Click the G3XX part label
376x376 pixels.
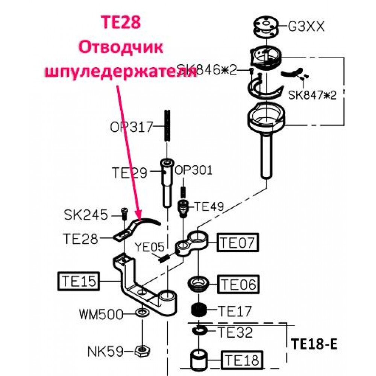pos(306,26)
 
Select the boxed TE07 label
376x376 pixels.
pos(237,242)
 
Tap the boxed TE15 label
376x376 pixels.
pos(79,281)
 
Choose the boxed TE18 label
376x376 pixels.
pos(242,360)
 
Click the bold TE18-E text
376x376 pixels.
pos(314,344)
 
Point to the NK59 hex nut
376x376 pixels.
pos(143,351)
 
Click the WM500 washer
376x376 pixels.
pos(142,313)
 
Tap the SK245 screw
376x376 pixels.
pos(124,214)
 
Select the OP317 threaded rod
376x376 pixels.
pos(167,126)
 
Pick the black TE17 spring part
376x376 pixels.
pos(199,310)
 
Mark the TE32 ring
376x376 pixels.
pos(200,331)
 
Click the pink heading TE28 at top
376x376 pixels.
pos(121,22)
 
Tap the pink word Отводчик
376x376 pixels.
pos(121,47)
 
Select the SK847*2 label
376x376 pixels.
pos(312,95)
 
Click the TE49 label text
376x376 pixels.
pos(209,206)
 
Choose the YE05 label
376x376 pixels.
pos(150,247)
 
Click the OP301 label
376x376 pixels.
pos(194,170)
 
